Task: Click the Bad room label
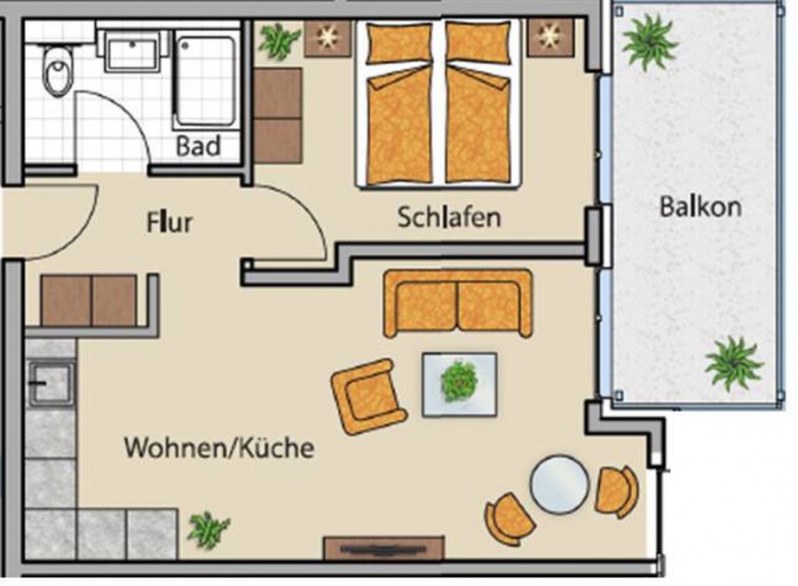pyautogui.click(x=199, y=146)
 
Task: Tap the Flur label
pyautogui.click(x=170, y=223)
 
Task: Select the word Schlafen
pyautogui.click(x=449, y=217)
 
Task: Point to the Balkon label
pyautogui.click(x=699, y=207)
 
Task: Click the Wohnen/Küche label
pyautogui.click(x=219, y=448)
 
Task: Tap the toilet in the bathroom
pyautogui.click(x=58, y=70)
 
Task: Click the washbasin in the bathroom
pyautogui.click(x=132, y=50)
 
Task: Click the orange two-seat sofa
pyautogui.click(x=458, y=304)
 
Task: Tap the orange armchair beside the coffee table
pyautogui.click(x=368, y=396)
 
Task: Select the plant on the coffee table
pyautogui.click(x=459, y=381)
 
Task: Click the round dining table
pyautogui.click(x=559, y=484)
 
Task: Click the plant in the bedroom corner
pyautogui.click(x=279, y=41)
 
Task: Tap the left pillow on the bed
pyautogui.click(x=399, y=43)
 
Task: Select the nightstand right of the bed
pyautogui.click(x=550, y=37)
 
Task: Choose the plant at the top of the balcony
pyautogui.click(x=650, y=42)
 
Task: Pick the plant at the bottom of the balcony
pyautogui.click(x=734, y=363)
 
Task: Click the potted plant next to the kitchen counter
pyautogui.click(x=208, y=530)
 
